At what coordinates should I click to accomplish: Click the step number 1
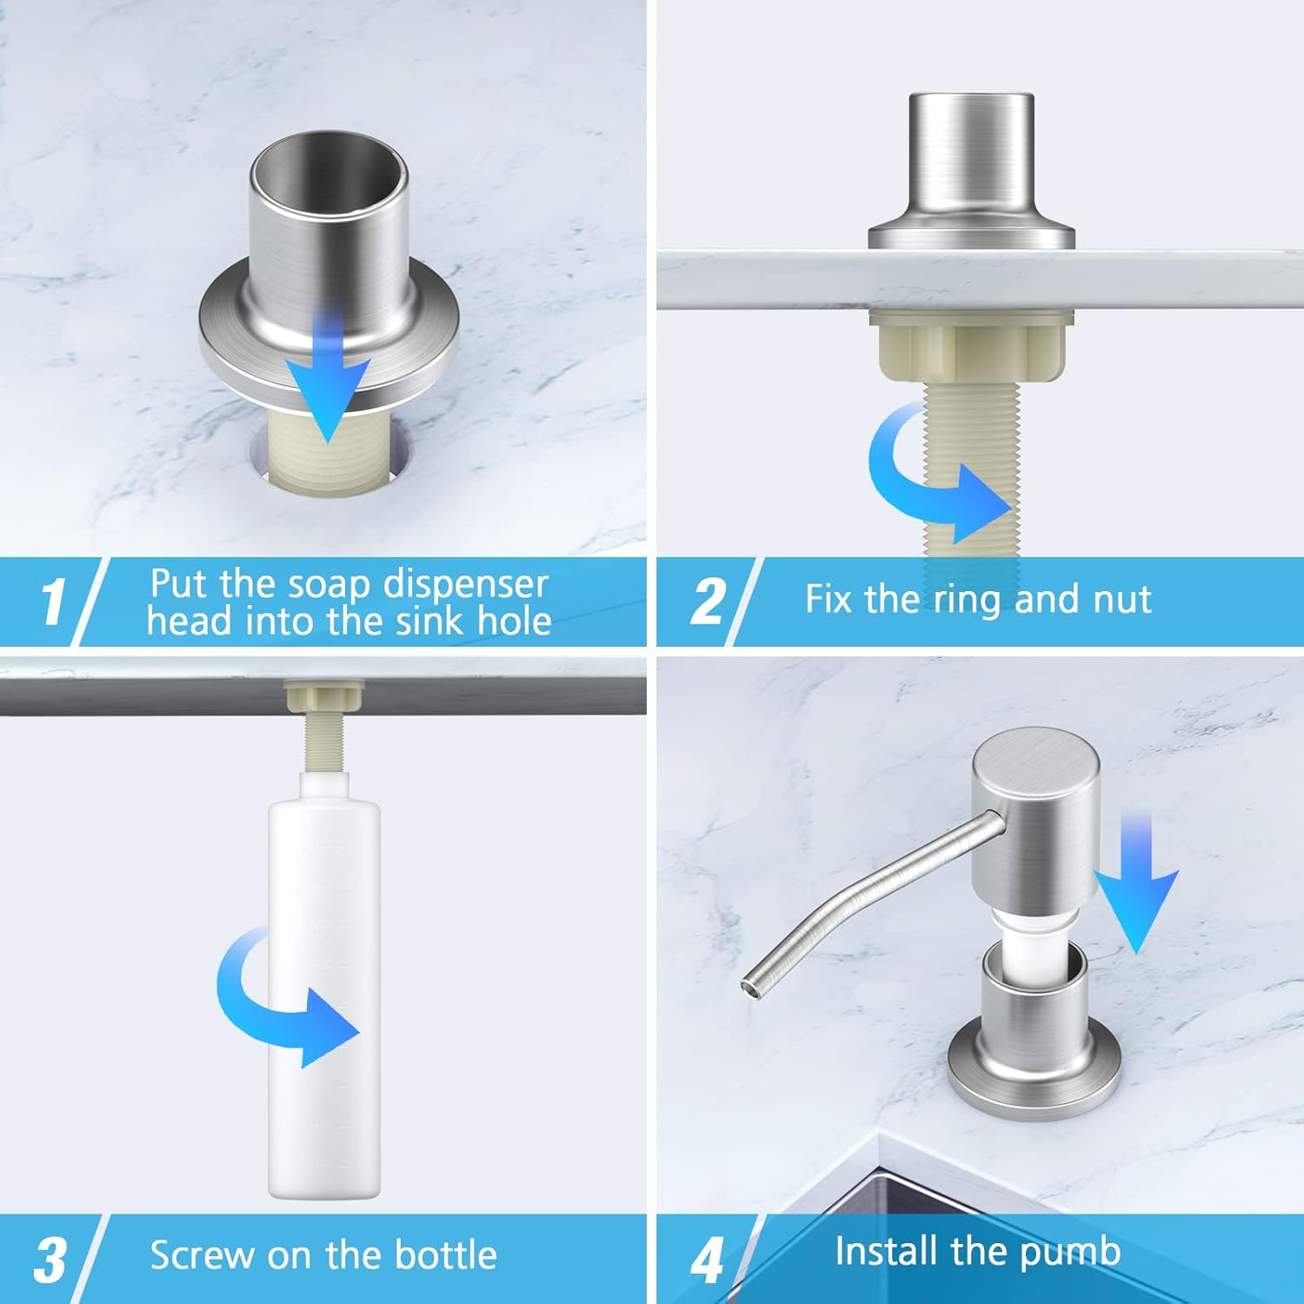53,601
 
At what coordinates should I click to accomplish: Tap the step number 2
708,601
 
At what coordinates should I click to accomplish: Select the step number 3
50,1259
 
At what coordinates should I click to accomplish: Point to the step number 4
707,1260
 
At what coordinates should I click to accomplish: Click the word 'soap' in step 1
330,584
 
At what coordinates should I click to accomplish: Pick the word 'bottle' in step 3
445,1255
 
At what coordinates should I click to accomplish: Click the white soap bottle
323,987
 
